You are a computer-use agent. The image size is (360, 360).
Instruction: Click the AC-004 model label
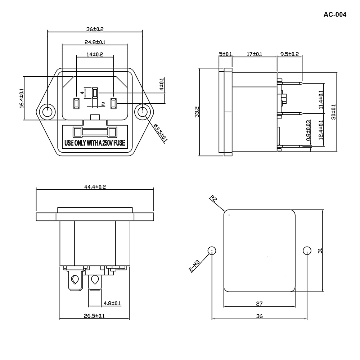coord(335,15)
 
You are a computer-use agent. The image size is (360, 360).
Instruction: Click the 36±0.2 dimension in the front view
coord(95,28)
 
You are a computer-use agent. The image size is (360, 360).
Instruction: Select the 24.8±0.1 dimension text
coord(95,42)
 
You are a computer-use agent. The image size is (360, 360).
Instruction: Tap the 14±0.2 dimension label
coord(95,54)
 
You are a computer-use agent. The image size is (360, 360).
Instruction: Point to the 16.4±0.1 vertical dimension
coord(21,98)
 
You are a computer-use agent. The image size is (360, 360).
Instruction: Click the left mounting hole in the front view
coord(47,112)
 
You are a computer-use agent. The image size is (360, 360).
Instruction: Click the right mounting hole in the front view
coord(143,112)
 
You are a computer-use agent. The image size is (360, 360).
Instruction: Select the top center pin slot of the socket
coord(95,93)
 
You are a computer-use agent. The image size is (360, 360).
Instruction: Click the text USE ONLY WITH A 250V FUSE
coord(95,143)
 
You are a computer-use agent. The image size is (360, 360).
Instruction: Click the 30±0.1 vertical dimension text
coord(333,112)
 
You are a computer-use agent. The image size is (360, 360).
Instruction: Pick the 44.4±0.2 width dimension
coord(95,186)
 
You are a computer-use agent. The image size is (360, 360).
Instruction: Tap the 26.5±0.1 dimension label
coord(94,316)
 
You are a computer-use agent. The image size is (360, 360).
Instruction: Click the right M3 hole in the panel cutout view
coord(307,251)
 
